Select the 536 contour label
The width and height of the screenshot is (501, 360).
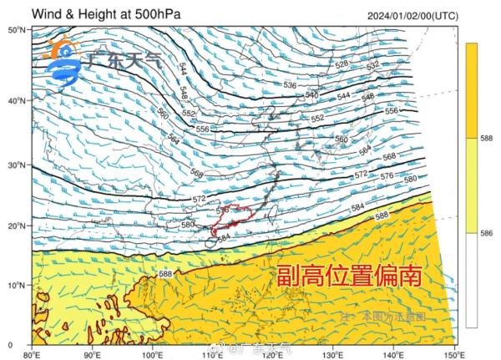click(x=289, y=86)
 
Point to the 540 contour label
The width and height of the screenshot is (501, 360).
click(x=311, y=95)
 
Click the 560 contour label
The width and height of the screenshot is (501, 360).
click(x=162, y=114)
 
